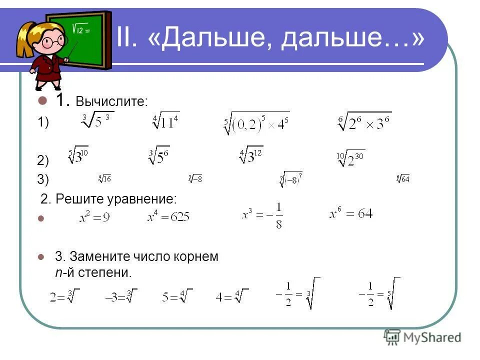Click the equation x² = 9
click(x=94, y=218)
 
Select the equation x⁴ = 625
click(x=168, y=217)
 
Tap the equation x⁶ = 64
click(x=351, y=214)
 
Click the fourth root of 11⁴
click(x=166, y=121)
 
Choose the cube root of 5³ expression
click(x=98, y=121)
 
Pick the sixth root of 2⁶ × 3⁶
click(x=364, y=122)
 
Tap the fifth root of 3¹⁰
click(x=78, y=156)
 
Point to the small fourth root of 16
click(x=105, y=178)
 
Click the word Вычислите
click(x=111, y=101)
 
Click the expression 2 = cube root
click(x=64, y=296)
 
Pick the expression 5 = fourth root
click(x=176, y=296)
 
